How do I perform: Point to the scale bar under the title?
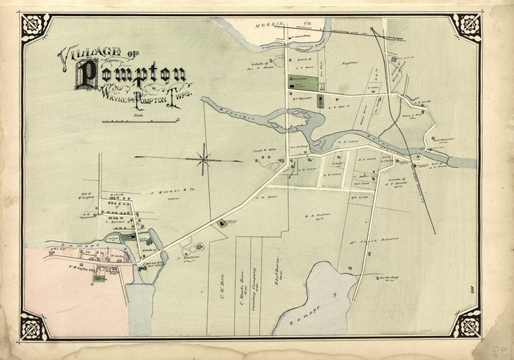coord(140,121)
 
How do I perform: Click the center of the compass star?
coord(203,158)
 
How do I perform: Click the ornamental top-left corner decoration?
coord(36,27)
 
